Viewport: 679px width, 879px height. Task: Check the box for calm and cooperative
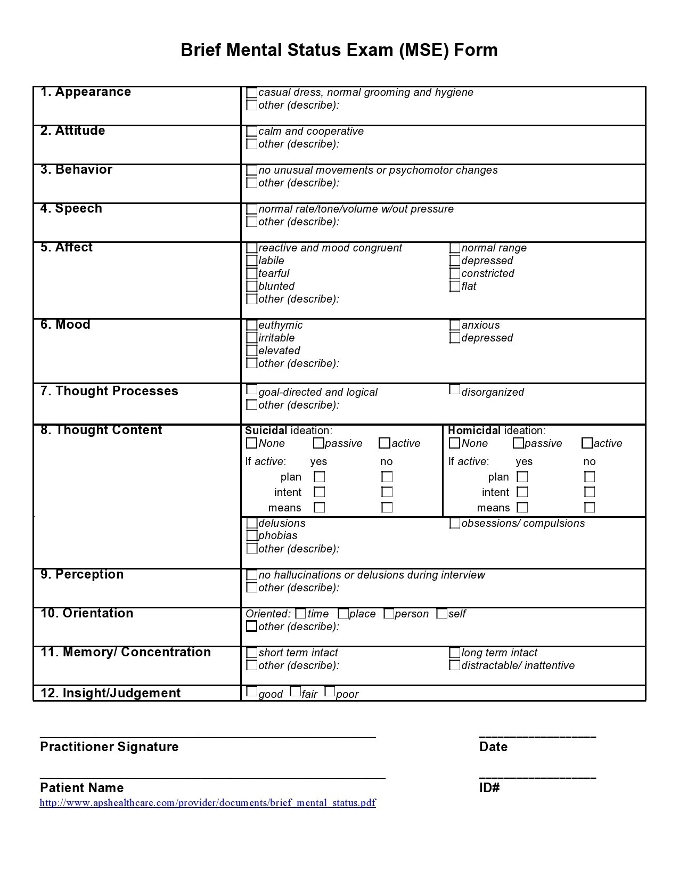click(x=252, y=131)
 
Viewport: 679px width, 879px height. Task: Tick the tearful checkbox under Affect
click(x=252, y=273)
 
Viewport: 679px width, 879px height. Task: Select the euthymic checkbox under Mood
click(x=252, y=325)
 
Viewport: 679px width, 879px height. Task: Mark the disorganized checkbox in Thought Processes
click(x=454, y=390)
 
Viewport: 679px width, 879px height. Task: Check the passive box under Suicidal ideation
click(x=318, y=443)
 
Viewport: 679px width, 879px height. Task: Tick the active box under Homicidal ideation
click(x=587, y=443)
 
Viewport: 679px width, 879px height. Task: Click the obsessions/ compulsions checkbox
click(x=455, y=523)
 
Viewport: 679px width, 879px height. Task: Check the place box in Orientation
click(x=343, y=614)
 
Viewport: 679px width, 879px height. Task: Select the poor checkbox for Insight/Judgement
click(x=330, y=692)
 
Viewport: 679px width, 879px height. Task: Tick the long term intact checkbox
click(x=455, y=653)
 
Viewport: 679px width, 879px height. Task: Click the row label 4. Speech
click(x=71, y=208)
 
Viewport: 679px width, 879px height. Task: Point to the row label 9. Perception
click(x=82, y=574)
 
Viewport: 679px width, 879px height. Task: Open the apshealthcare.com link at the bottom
click(x=208, y=803)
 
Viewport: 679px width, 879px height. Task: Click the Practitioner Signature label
click(x=109, y=747)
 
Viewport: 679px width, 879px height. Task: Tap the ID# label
click(x=489, y=788)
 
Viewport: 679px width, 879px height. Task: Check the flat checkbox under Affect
click(x=455, y=286)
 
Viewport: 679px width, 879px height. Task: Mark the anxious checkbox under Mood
click(x=455, y=325)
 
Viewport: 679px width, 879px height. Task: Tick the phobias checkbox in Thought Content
click(x=252, y=535)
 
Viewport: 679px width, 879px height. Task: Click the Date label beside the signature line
click(x=493, y=747)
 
